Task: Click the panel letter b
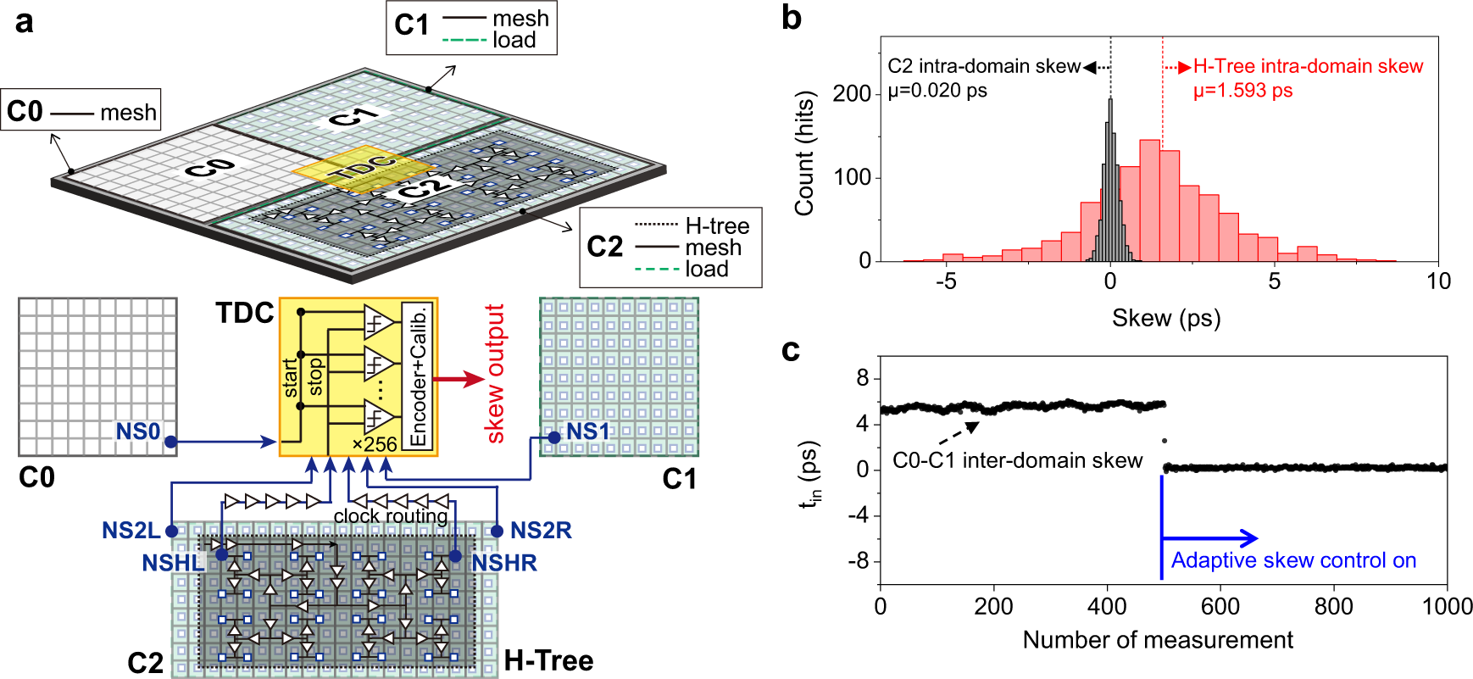tap(791, 18)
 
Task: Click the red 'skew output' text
tap(494, 373)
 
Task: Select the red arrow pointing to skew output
tap(461, 379)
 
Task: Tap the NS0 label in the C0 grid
tap(137, 431)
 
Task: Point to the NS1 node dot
tap(553, 437)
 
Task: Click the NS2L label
tap(131, 531)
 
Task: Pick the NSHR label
tap(504, 563)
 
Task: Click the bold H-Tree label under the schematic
tap(548, 660)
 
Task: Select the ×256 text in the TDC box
tap(375, 444)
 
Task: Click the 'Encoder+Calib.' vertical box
tap(418, 376)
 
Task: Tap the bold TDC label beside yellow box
tap(245, 313)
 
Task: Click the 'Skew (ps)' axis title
tap(1166, 318)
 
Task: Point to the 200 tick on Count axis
tap(851, 93)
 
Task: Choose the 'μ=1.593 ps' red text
tap(1242, 90)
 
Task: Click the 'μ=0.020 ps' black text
tap(937, 90)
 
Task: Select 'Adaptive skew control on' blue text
tap(1293, 560)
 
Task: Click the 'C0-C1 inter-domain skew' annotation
tap(1017, 460)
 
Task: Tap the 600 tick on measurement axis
tap(1220, 606)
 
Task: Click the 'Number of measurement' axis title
tap(1158, 639)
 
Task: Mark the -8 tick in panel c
tap(862, 561)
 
